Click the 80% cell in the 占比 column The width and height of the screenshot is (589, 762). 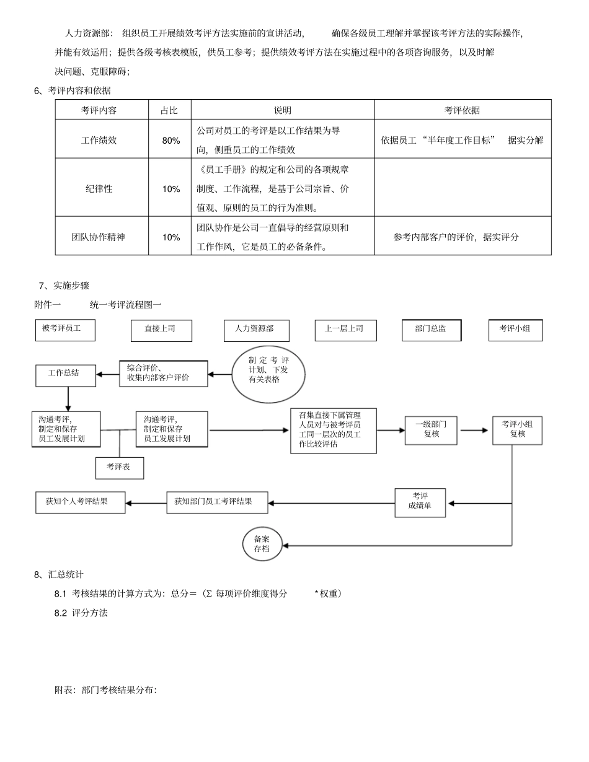coord(170,141)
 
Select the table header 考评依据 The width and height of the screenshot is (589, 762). coord(462,110)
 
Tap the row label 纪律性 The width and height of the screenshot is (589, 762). coord(99,189)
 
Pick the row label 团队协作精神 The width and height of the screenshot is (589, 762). coord(99,237)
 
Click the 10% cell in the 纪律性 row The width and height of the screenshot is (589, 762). coord(170,189)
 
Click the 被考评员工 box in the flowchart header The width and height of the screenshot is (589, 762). coord(65,330)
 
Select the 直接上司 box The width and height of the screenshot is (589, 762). coord(161,330)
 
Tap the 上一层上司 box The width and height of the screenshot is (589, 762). coord(345,330)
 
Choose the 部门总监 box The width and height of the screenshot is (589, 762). coord(432,330)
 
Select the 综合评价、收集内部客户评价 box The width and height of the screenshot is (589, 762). coord(163,373)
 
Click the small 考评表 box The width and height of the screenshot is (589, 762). coord(119,468)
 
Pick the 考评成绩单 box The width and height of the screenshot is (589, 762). coord(420,502)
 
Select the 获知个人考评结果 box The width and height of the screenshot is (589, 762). coord(80,502)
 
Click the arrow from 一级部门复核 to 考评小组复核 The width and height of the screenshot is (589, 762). coord(475,430)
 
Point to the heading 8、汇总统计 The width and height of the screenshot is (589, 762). coord(59,574)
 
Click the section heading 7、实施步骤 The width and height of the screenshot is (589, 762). coord(64,286)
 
